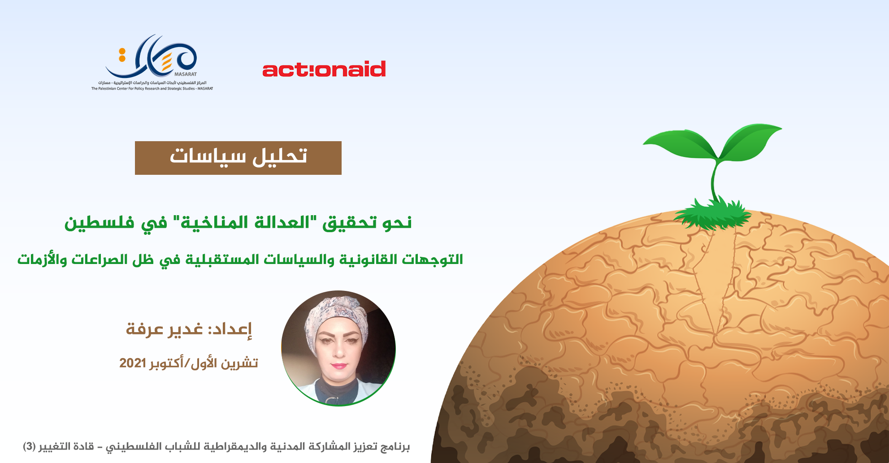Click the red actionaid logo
(324, 69)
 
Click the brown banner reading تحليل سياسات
(238, 158)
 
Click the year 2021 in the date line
(133, 363)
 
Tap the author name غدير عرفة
(164, 329)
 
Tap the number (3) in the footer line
(30, 447)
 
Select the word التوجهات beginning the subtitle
(433, 260)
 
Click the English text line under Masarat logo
(152, 89)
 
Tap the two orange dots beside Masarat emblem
(122, 55)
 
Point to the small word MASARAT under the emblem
(186, 74)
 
